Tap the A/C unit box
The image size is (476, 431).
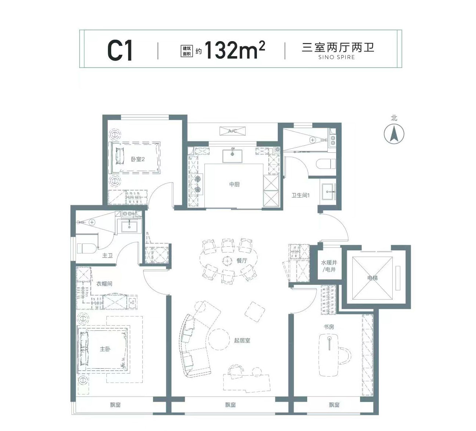(233, 131)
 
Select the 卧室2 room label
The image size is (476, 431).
(138, 159)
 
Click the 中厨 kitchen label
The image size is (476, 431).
(235, 184)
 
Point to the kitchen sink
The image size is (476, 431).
(232, 156)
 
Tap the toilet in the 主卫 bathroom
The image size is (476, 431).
(87, 248)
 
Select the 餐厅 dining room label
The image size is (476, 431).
(242, 261)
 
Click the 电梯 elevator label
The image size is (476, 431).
(372, 278)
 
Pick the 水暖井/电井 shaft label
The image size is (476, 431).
(329, 266)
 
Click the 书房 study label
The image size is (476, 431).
(329, 327)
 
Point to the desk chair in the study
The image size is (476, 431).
(345, 355)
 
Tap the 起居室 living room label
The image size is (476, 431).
(242, 341)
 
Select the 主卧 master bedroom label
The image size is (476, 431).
(105, 349)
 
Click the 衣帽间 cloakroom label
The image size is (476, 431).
(104, 283)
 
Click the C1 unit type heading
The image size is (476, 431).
(120, 51)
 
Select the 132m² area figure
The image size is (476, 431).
(235, 50)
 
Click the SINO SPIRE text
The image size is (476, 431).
(337, 57)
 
